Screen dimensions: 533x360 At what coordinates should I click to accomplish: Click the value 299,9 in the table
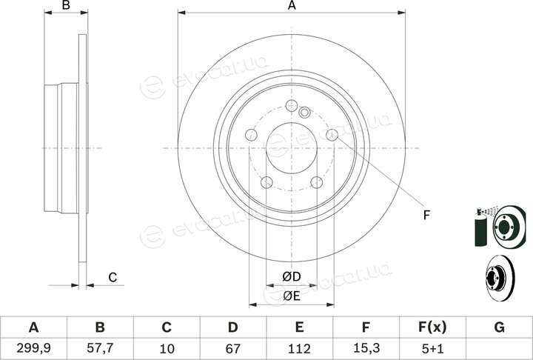pyautogui.click(x=33, y=348)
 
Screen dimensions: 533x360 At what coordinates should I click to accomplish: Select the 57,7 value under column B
pyautogui.click(x=100, y=348)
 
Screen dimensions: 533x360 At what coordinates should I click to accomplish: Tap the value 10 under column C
pyautogui.click(x=167, y=348)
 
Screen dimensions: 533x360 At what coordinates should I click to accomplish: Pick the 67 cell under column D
pyautogui.click(x=233, y=348)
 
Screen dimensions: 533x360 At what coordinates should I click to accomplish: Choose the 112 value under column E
pyautogui.click(x=299, y=348)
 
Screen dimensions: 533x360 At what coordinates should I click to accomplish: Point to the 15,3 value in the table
pyautogui.click(x=366, y=348)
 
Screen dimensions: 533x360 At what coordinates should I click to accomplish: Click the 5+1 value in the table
pyautogui.click(x=432, y=348)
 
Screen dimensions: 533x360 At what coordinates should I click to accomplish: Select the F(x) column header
pyautogui.click(x=432, y=327)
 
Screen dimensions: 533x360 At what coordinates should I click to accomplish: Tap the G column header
pyautogui.click(x=499, y=327)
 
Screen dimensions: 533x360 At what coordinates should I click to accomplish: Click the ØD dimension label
pyautogui.click(x=292, y=276)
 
